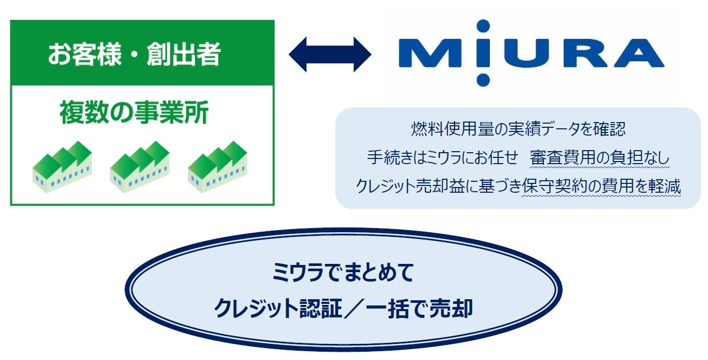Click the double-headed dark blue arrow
point(330,55)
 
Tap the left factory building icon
point(62,167)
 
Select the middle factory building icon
point(140,167)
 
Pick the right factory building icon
point(218,167)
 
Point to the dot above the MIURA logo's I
point(483,26)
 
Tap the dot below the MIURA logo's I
point(483,79)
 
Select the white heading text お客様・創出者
point(134,54)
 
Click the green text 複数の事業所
point(134,113)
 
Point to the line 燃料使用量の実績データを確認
point(518,129)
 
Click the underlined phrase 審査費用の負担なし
point(599,157)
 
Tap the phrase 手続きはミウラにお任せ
point(443,157)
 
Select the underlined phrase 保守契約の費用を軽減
point(601,186)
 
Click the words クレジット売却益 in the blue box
point(410,186)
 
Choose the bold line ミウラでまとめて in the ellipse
point(343,272)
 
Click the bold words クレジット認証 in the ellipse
point(278,308)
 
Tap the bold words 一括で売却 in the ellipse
point(419,308)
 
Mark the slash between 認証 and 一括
point(354,308)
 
